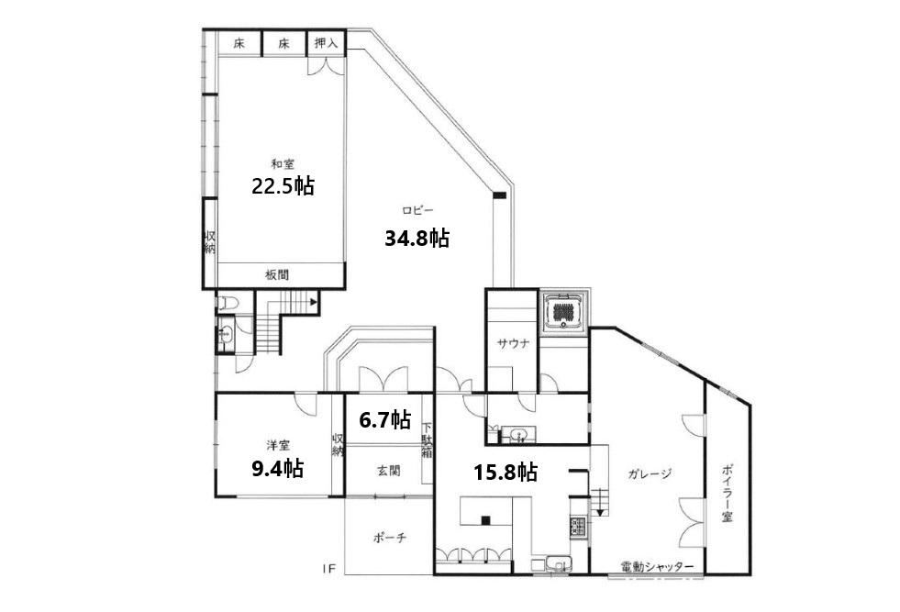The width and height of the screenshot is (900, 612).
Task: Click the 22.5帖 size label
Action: tap(283, 186)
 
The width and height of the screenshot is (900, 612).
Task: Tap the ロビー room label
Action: tap(417, 211)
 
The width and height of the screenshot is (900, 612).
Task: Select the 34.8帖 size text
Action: tap(417, 238)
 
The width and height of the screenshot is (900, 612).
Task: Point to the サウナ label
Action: tap(513, 344)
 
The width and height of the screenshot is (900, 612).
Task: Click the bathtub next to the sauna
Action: tap(563, 312)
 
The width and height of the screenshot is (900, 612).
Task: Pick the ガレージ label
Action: tap(650, 474)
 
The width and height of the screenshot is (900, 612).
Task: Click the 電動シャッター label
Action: tap(657, 567)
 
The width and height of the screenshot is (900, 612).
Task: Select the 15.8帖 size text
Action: tap(506, 473)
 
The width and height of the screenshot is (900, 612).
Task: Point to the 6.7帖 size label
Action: tap(384, 420)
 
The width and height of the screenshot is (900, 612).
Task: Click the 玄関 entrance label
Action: tap(389, 472)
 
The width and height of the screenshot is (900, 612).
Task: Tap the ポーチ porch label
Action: tap(390, 538)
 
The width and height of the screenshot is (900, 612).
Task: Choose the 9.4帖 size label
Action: tap(278, 469)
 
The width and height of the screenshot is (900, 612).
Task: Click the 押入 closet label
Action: tap(327, 43)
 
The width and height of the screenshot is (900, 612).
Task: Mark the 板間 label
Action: tap(277, 275)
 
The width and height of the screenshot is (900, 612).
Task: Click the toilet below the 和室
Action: tap(228, 303)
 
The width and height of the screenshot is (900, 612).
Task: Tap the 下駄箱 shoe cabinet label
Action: tap(427, 440)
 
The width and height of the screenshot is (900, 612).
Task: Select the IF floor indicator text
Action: tap(328, 570)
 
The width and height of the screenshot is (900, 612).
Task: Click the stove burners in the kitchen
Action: tap(577, 527)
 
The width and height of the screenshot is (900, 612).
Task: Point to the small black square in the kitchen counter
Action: tap(485, 521)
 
